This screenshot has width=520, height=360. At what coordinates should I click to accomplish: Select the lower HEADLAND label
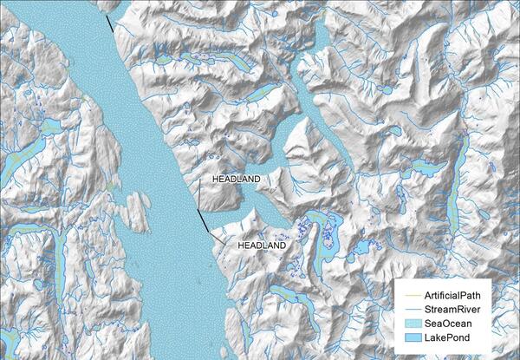pyautogui.click(x=262, y=246)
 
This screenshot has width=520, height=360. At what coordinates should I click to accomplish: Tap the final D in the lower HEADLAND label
pyautogui.click(x=283, y=246)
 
